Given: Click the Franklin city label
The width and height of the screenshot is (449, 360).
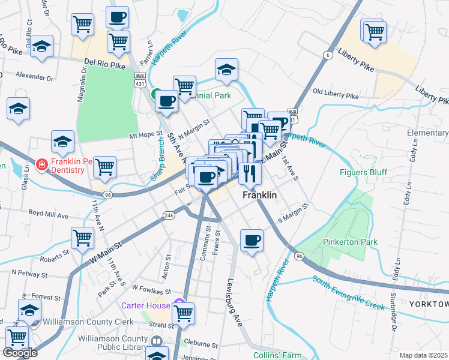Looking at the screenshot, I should (259, 196).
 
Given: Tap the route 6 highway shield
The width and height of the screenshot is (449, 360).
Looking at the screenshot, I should (327, 55).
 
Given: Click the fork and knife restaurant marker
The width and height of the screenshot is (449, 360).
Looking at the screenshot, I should (250, 173).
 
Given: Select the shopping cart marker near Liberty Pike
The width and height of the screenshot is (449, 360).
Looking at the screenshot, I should (374, 31).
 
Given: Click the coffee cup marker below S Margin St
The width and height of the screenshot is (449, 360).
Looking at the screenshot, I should (252, 241).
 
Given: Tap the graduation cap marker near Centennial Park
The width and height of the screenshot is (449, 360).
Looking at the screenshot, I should (226, 71).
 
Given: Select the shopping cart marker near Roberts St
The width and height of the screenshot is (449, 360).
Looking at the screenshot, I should (82, 238).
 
